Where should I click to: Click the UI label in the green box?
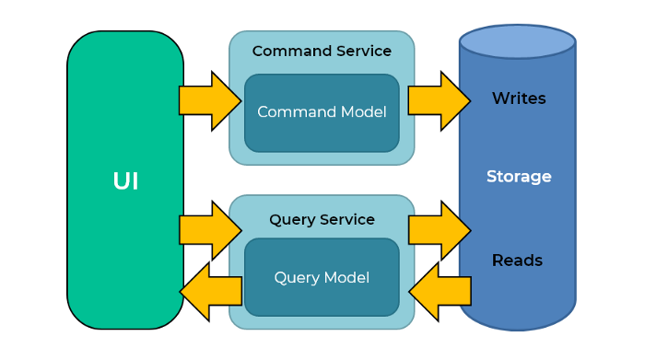[x=125, y=181]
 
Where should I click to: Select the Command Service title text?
[x=322, y=52]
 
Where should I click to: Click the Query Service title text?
[x=322, y=220]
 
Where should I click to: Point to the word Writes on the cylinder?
[x=519, y=99]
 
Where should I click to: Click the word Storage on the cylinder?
[x=519, y=177]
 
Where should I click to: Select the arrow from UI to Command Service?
[x=208, y=100]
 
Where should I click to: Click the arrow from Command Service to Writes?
[x=438, y=100]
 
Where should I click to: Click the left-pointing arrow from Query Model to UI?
[x=210, y=292]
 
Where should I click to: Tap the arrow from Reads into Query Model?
[x=440, y=292]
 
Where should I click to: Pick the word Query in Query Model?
[x=296, y=277]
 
